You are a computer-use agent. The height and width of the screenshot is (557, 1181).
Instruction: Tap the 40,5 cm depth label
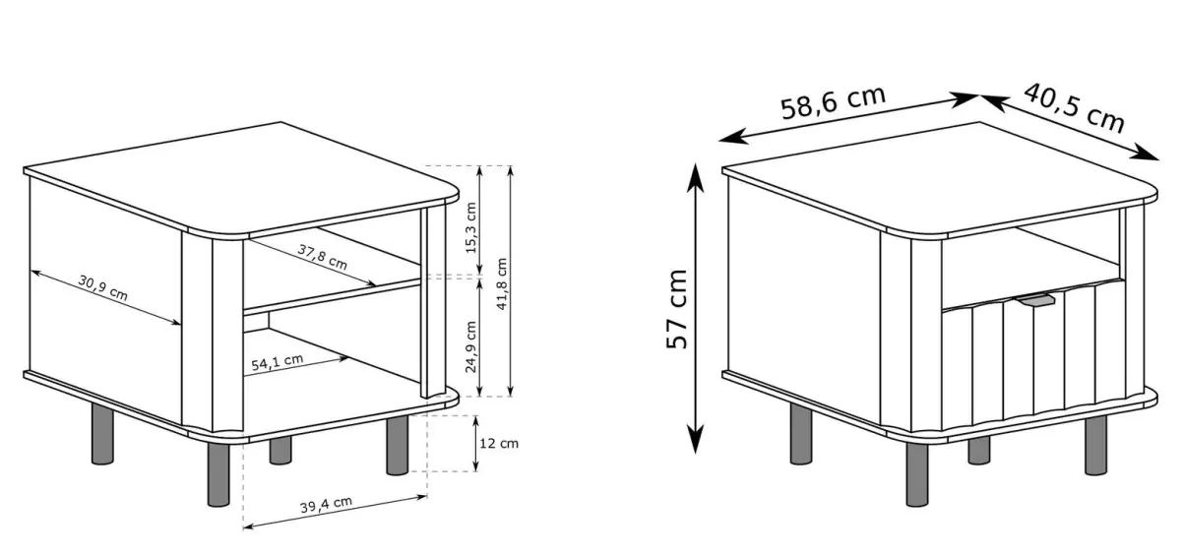[1074, 107]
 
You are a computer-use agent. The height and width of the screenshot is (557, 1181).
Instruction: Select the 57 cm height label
[677, 309]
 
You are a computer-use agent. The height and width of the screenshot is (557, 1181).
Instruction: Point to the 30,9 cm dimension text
[102, 287]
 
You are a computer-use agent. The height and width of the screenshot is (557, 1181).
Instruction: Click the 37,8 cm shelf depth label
[323, 257]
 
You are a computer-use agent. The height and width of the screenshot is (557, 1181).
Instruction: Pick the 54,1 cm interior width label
[278, 362]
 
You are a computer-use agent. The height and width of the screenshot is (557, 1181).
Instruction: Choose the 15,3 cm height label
[470, 227]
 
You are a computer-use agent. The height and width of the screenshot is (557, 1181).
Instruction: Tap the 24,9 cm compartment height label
[470, 346]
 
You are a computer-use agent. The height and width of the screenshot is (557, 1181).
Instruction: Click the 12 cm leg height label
[499, 443]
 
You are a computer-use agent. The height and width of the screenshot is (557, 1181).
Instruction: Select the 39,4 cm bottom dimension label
[326, 504]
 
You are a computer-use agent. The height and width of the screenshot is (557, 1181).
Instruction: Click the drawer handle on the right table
[1036, 300]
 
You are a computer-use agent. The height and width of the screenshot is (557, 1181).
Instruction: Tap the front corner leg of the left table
[218, 473]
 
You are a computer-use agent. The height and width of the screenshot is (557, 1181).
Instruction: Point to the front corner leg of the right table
[917, 473]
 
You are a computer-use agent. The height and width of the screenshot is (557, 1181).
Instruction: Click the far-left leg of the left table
[102, 434]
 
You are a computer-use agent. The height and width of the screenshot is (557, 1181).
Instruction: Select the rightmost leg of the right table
[1096, 445]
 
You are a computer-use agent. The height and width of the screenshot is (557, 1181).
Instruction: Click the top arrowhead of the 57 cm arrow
[696, 176]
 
